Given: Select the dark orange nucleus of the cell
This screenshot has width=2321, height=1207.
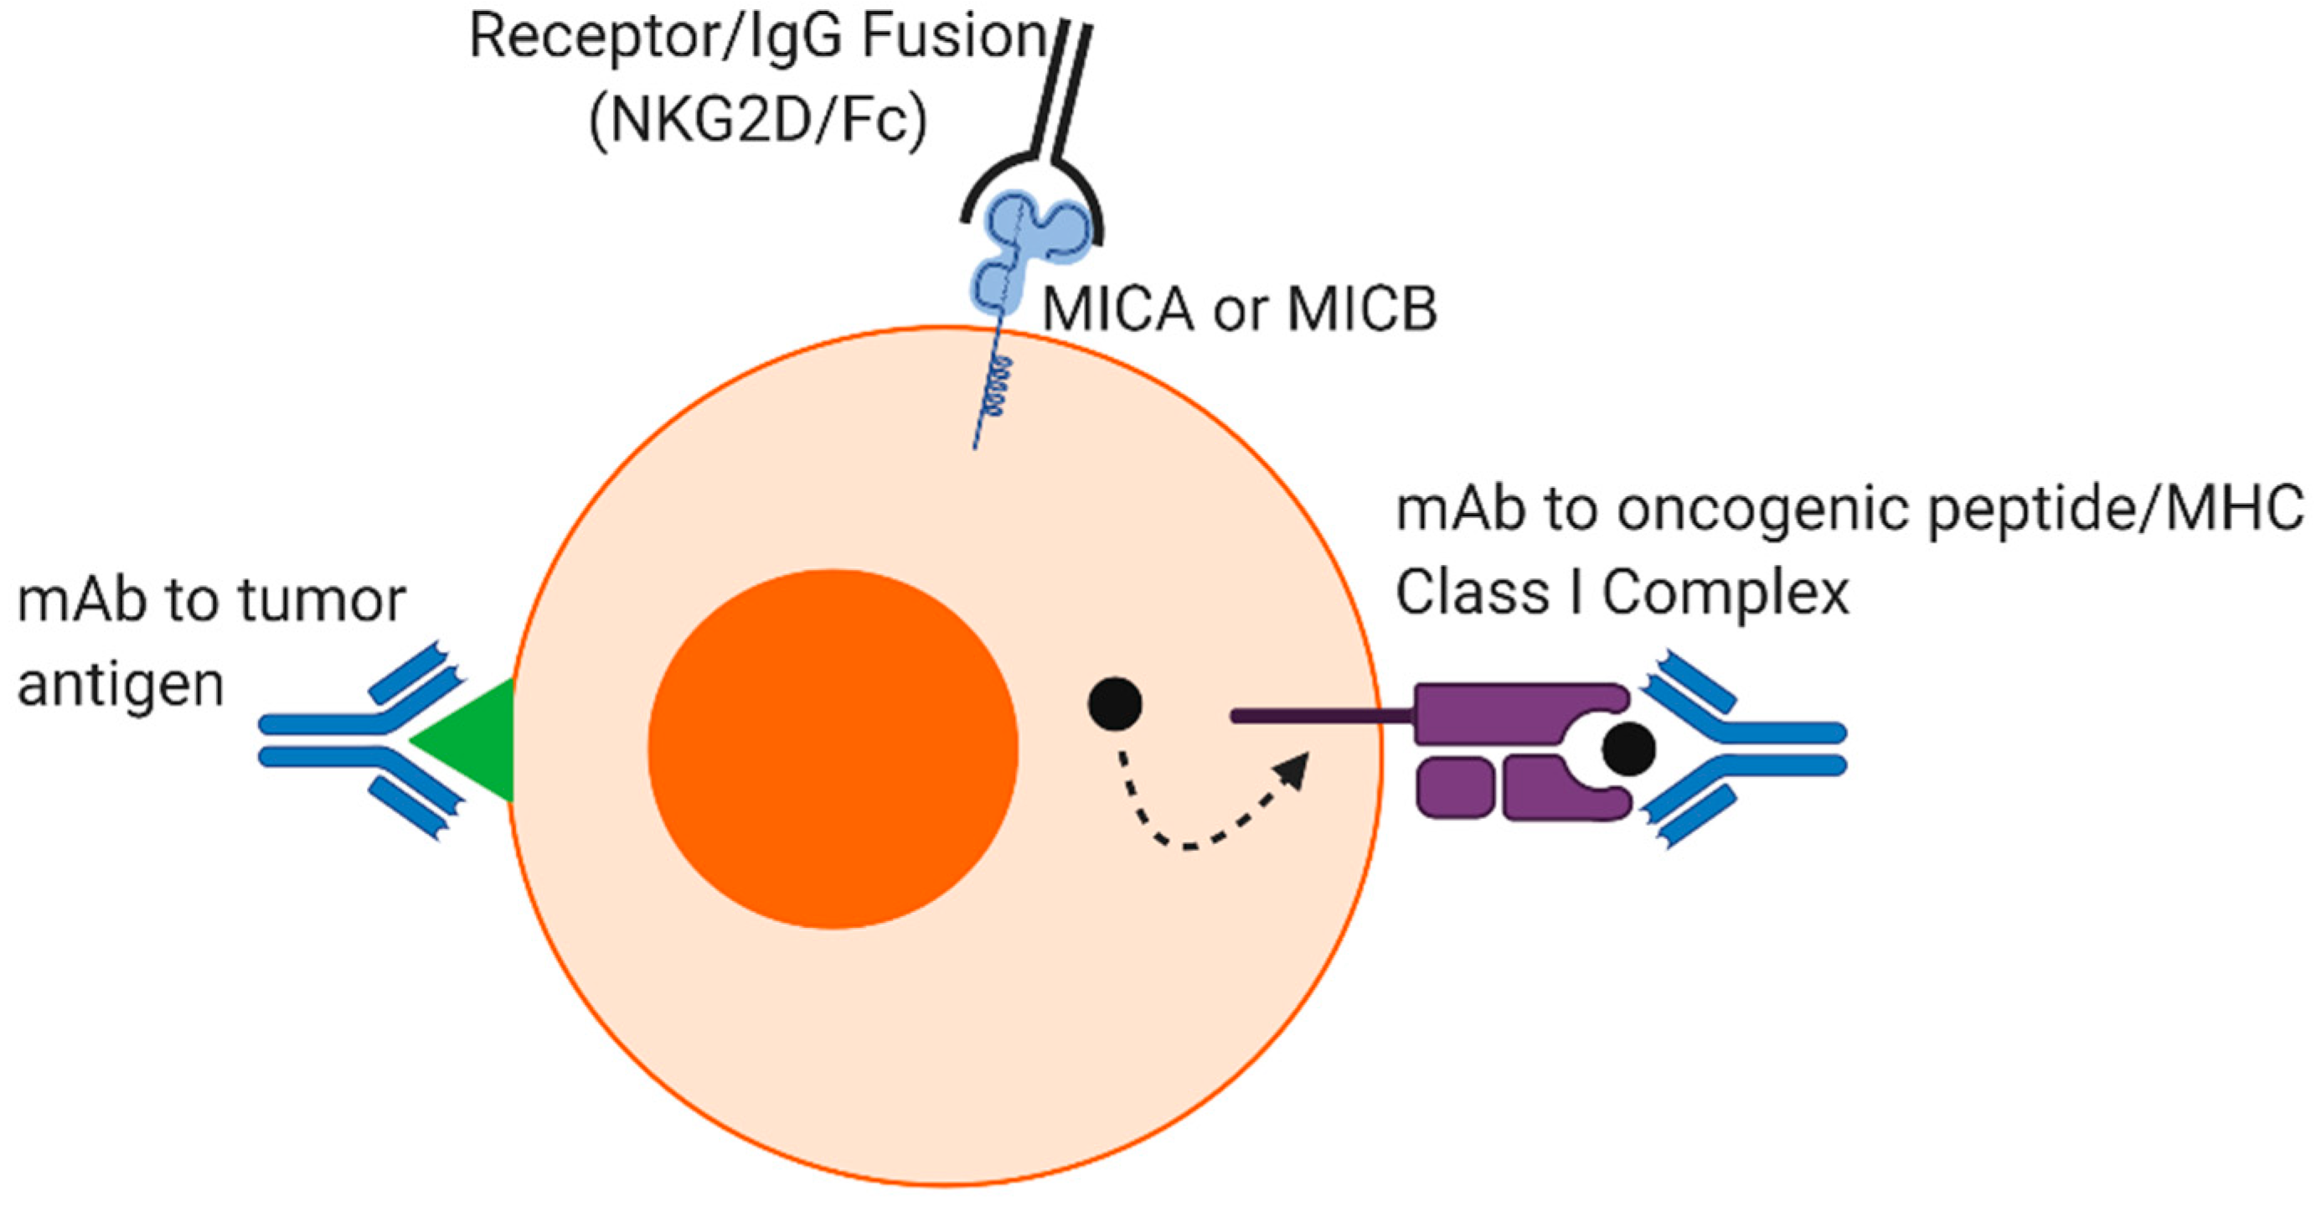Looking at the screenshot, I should pyautogui.click(x=833, y=749).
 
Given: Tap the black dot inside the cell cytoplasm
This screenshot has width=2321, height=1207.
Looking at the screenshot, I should pyautogui.click(x=1115, y=703).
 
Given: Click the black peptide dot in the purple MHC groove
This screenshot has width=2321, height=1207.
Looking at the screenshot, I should pyautogui.click(x=1628, y=749).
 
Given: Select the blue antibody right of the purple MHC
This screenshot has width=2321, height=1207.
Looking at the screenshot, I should pyautogui.click(x=1748, y=749).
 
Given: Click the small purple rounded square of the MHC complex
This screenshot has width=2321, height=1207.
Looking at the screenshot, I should pyautogui.click(x=1453, y=788).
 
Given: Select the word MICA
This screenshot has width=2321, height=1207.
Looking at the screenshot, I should pyautogui.click(x=1117, y=309).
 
